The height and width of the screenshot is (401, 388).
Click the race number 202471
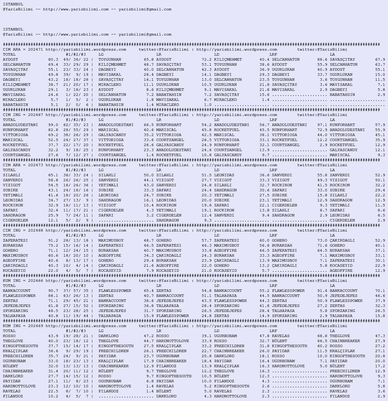click(35, 50)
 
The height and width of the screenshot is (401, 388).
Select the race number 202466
click(35, 281)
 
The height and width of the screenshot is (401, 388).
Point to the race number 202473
click(35, 165)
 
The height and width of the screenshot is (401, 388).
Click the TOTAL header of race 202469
click(9, 331)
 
